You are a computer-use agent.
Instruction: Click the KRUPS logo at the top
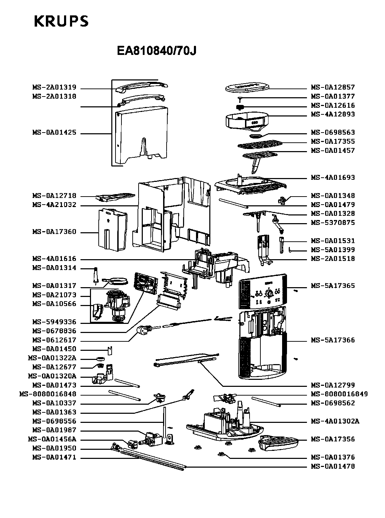coord(61,22)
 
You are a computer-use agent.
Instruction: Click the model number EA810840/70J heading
coord(156,51)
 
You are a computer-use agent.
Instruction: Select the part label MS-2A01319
coord(54,87)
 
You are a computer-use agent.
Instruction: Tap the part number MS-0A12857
coord(333,87)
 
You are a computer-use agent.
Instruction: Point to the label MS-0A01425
coord(54,133)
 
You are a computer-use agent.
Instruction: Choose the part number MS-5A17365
coord(333,286)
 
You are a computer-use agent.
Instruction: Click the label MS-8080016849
coord(339,394)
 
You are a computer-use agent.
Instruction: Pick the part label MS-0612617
coord(54,340)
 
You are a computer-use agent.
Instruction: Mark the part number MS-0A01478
coord(333,467)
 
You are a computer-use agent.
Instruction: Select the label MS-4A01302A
coord(335,421)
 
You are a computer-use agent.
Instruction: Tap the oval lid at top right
coord(247,87)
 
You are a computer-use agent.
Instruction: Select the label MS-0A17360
coord(54,232)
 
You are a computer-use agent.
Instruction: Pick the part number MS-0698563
coord(333,132)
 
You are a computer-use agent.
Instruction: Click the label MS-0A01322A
coord(52,358)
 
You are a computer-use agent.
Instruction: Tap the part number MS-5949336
coord(54,322)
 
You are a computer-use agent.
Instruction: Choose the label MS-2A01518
coord(333,259)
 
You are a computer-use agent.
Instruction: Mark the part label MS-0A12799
coord(333,385)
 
